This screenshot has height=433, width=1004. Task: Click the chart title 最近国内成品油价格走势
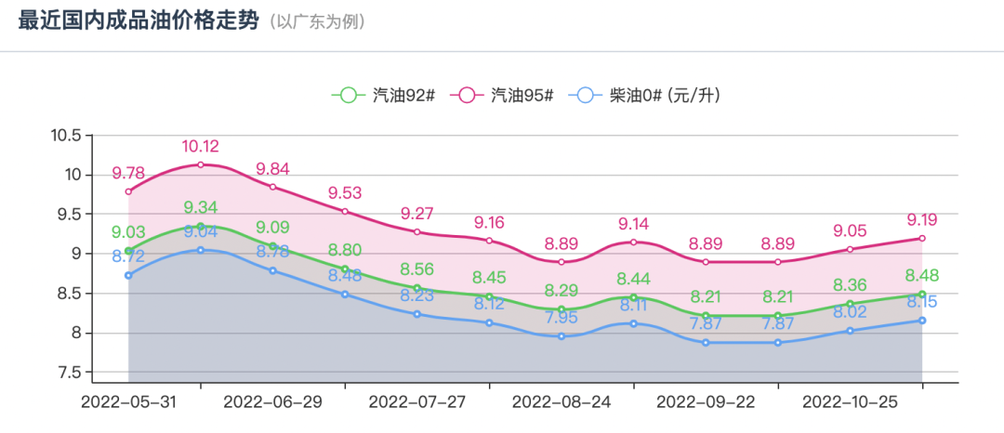(x=138, y=21)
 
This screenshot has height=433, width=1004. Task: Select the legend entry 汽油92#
(x=384, y=95)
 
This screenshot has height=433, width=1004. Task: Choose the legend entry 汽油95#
(x=502, y=95)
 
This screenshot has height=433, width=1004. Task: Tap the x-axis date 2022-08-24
(x=561, y=402)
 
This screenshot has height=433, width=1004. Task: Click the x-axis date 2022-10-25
(x=850, y=402)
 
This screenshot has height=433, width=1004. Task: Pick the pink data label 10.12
(x=201, y=147)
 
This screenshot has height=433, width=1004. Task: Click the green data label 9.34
(x=201, y=207)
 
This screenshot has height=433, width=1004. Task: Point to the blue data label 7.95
(x=561, y=318)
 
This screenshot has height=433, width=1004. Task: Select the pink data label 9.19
(x=921, y=220)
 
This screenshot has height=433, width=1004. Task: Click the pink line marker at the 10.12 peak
(x=201, y=164)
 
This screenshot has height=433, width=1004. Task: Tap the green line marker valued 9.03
(x=128, y=251)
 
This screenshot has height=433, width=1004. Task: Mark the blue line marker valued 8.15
(x=921, y=321)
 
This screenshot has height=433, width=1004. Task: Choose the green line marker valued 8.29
(x=561, y=309)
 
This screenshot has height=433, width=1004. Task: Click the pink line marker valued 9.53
(x=345, y=211)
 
